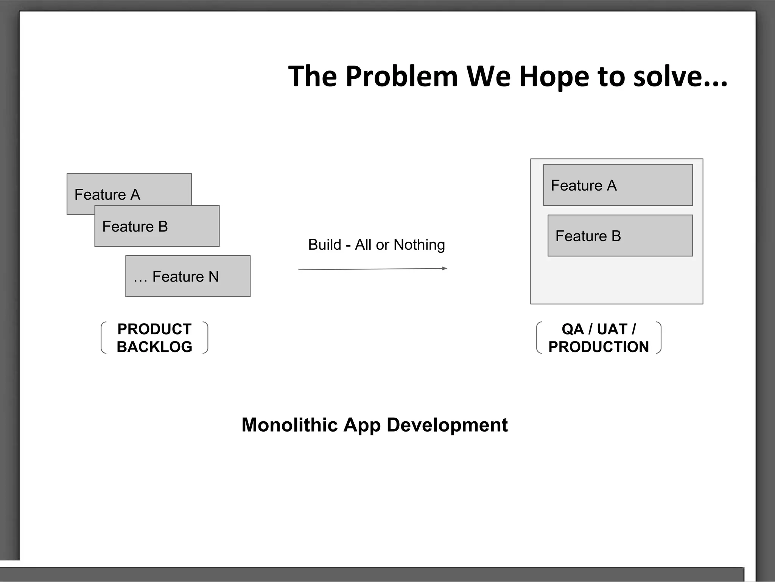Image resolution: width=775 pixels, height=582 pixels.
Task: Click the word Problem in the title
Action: pyautogui.click(x=402, y=77)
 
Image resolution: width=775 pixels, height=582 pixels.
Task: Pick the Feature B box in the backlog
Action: pyautogui.click(x=157, y=226)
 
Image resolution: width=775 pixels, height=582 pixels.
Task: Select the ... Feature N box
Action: pyautogui.click(x=188, y=276)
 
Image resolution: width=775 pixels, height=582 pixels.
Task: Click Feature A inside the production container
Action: pyautogui.click(x=618, y=185)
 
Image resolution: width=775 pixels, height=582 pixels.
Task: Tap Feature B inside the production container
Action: pyautogui.click(x=620, y=236)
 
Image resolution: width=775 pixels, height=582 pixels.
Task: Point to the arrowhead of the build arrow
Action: pyautogui.click(x=445, y=268)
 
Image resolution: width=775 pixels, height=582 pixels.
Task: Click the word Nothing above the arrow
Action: pyautogui.click(x=419, y=245)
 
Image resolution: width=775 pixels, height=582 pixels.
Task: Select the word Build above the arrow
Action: pyautogui.click(x=324, y=245)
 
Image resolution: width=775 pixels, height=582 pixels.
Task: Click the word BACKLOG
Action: pyautogui.click(x=154, y=347)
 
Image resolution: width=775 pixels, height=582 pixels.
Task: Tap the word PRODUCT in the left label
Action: pyautogui.click(x=154, y=329)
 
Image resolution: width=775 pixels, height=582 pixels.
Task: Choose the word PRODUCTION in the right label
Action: pyautogui.click(x=599, y=347)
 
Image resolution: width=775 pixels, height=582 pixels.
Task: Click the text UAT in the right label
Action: pyautogui.click(x=612, y=329)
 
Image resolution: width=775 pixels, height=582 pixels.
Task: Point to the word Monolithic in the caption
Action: pyautogui.click(x=289, y=425)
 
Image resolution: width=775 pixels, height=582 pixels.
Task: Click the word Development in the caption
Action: pyautogui.click(x=447, y=425)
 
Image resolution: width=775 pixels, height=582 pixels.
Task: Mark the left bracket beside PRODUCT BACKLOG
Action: pyautogui.click(x=103, y=338)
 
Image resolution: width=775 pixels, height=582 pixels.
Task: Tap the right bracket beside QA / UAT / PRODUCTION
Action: pyautogui.click(x=659, y=338)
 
